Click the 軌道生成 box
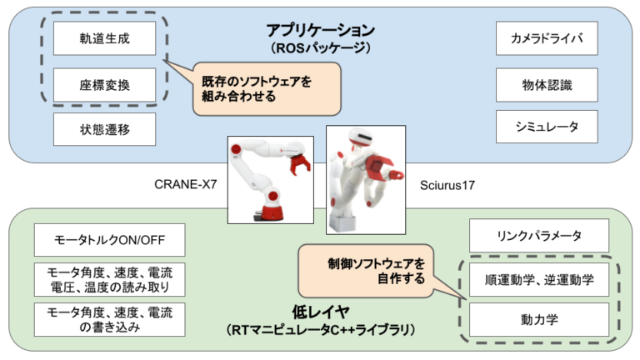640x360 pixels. click(105, 37)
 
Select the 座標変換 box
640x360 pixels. click(105, 84)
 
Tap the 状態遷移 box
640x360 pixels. click(105, 128)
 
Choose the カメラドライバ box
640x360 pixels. click(547, 37)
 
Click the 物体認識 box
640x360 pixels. click(547, 84)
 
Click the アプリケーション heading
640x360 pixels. click(321, 30)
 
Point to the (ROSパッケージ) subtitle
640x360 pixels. click(321, 48)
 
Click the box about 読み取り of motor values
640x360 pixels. click(104, 279)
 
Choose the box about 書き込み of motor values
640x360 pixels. click(104, 319)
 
